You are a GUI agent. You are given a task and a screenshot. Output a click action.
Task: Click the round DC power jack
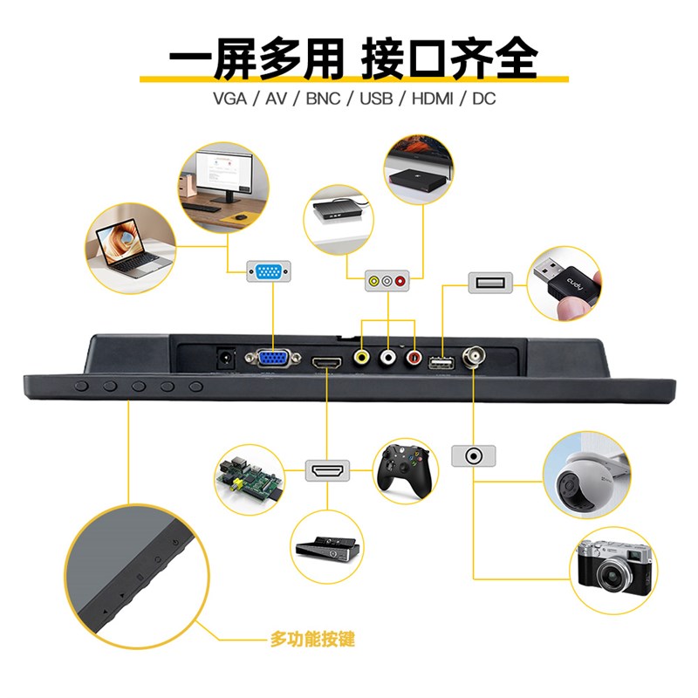pyautogui.click(x=225, y=358)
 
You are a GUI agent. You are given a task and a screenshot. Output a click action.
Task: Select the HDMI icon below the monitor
pyautogui.click(x=327, y=471)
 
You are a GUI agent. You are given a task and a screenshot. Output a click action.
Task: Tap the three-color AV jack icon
pyautogui.click(x=387, y=281)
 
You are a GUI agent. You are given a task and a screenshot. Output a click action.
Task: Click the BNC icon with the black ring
pyautogui.click(x=473, y=455)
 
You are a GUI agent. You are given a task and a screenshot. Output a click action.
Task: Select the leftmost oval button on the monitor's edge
pyautogui.click(x=81, y=385)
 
